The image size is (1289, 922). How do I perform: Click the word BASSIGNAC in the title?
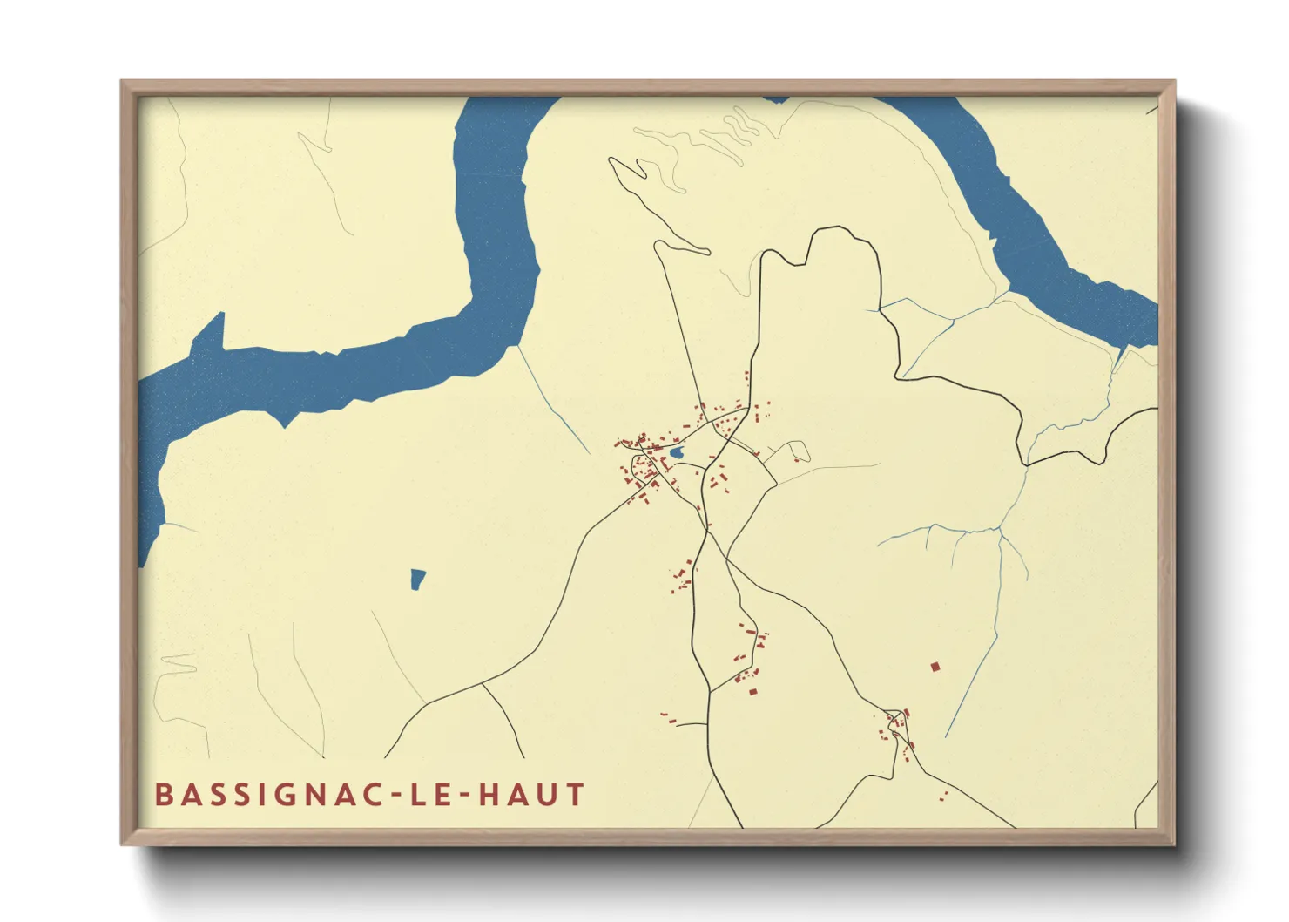click(x=261, y=795)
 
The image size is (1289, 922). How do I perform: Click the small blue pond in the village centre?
click(x=676, y=454)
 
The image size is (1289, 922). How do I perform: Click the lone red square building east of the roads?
click(x=935, y=667)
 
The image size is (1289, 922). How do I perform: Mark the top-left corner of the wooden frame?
click(x=122, y=82)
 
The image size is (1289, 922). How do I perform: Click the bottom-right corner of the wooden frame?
click(x=1174, y=844)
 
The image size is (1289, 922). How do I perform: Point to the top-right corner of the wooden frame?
click(x=1174, y=82)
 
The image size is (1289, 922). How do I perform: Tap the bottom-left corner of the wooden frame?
click(x=122, y=844)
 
